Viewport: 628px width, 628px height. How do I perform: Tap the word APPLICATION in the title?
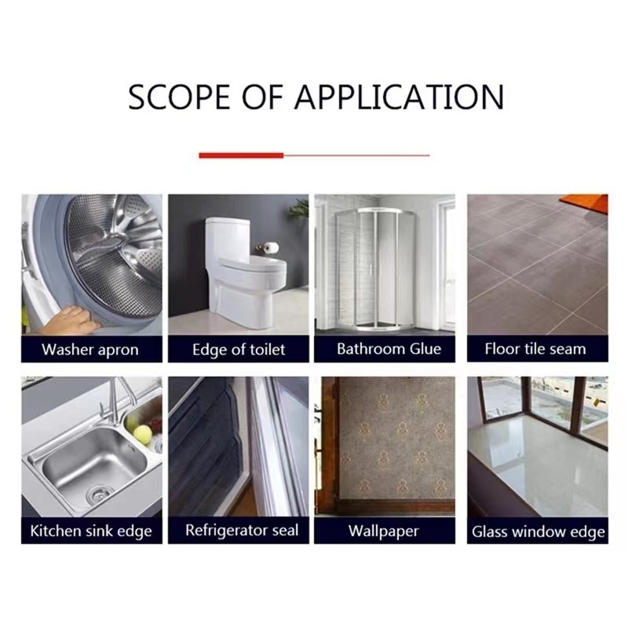400,97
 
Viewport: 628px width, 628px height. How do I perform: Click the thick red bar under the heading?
241,155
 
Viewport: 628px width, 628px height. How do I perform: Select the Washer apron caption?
90,349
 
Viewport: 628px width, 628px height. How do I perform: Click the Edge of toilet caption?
239,349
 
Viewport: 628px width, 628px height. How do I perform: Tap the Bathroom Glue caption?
389,349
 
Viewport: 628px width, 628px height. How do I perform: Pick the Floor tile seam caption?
535,349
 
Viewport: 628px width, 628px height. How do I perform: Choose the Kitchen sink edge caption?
91,531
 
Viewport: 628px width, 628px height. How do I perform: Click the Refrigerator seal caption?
242,531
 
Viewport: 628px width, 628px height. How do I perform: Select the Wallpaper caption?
383,531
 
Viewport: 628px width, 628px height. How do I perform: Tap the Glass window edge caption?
538,532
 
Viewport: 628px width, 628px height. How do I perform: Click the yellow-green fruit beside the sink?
143,434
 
